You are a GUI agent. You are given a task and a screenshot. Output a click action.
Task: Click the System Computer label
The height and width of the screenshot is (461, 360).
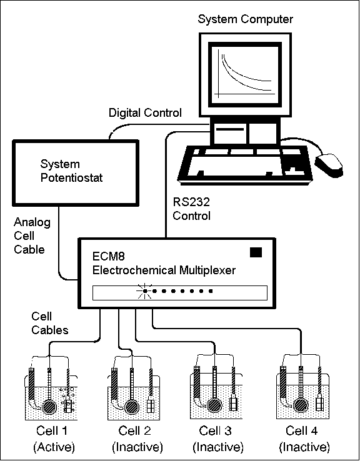245,20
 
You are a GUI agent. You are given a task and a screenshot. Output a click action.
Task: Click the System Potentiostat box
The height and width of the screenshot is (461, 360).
75,172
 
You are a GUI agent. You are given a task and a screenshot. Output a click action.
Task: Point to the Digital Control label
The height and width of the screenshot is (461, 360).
145,113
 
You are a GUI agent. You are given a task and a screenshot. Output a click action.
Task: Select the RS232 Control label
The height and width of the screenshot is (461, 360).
191,209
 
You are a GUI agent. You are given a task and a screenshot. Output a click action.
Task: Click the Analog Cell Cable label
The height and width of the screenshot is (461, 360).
32,236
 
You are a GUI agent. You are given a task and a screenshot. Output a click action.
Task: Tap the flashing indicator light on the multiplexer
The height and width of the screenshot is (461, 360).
145,291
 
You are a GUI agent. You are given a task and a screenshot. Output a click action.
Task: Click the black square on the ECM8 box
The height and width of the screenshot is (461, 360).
256,252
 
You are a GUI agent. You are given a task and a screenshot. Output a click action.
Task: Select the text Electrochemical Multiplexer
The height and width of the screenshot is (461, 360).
164,270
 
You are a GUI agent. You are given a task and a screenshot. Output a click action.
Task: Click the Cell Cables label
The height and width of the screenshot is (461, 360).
50,324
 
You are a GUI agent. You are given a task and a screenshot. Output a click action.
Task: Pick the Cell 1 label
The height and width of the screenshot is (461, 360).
52,431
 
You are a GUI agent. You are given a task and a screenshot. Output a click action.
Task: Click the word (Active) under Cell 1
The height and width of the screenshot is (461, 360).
54,447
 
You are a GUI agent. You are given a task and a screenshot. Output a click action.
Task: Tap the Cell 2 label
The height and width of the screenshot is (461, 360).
135,431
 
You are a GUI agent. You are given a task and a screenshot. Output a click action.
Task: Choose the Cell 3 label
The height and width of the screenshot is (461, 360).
215,431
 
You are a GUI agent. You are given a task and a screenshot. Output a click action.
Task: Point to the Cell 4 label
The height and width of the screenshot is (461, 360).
302,431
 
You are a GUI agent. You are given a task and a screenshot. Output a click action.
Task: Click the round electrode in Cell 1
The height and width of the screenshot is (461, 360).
49,407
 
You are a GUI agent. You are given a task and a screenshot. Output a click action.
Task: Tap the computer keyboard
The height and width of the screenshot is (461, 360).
245,165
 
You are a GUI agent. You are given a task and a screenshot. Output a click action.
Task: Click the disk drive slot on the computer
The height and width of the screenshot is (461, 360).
230,129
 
